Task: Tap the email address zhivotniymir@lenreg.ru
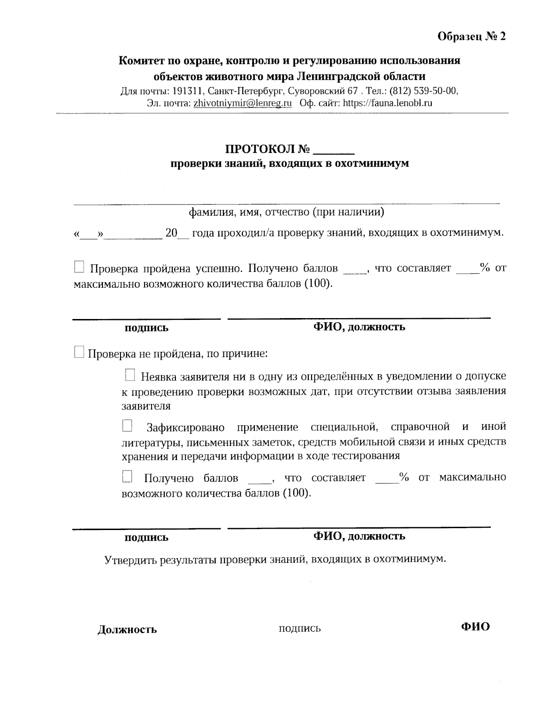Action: pos(242,103)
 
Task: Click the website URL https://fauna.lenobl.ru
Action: pos(387,103)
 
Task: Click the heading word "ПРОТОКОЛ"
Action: pos(260,150)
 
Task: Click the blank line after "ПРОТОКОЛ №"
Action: pos(333,151)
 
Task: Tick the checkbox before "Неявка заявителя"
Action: pos(130,375)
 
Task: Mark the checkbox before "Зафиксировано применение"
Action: pos(127,425)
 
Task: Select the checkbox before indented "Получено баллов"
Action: pos(127,476)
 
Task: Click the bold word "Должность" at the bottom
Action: pos(127,629)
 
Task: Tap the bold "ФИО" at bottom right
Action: pos(475,627)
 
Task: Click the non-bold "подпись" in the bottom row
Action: pos(300,628)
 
